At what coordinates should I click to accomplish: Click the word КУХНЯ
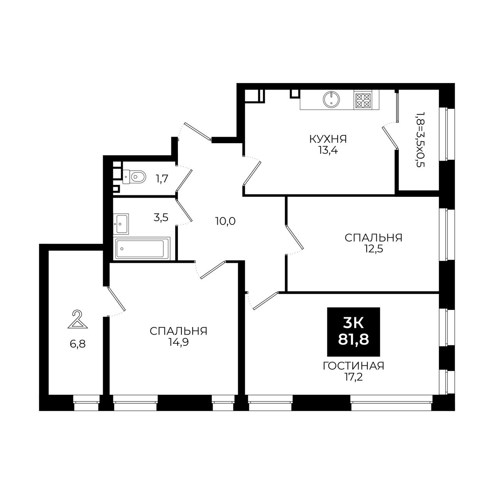point(328,139)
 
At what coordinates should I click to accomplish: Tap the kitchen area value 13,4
point(328,150)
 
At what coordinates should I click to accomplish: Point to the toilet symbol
point(134,176)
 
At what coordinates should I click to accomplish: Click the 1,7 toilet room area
point(162,179)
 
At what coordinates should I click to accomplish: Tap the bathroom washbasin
point(121,224)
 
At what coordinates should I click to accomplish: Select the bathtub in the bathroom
point(142,249)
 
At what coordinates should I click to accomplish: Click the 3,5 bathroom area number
point(161,218)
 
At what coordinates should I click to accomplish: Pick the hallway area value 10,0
point(225,221)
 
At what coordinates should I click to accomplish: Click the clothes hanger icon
point(78,319)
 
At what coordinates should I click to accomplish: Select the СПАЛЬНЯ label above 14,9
point(178,331)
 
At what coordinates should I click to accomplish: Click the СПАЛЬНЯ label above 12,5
point(374,238)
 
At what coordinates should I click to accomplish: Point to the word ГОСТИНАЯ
point(354,366)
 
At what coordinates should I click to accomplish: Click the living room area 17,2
point(354,377)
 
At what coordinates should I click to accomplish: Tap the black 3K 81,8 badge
point(354,332)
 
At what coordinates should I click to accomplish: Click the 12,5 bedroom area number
point(374,249)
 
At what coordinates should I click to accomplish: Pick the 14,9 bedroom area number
point(178,342)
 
